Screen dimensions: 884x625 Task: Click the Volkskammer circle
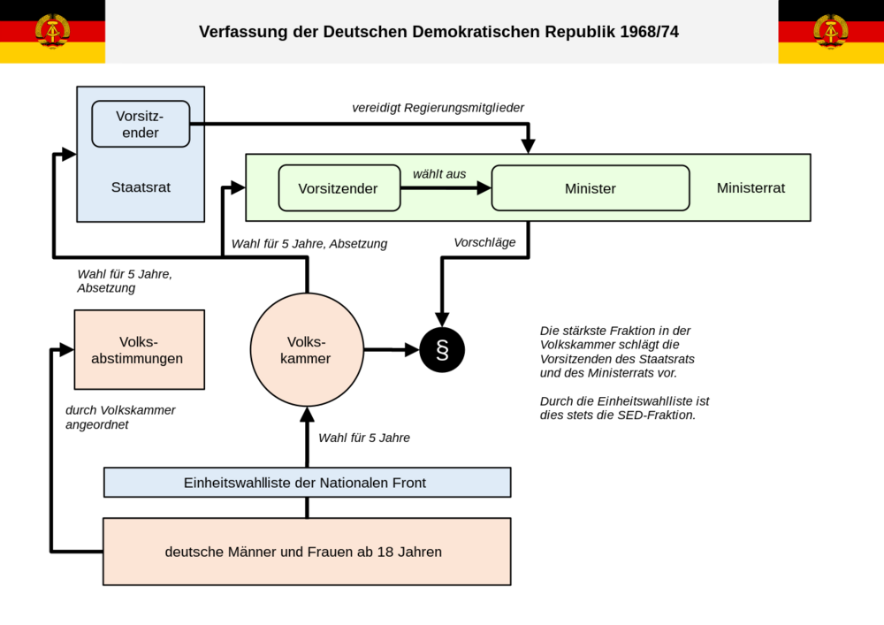point(307,349)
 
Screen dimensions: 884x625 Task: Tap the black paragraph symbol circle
point(442,350)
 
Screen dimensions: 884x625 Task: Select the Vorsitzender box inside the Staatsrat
point(141,124)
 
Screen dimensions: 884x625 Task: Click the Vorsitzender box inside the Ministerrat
point(339,188)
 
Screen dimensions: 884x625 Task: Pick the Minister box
point(591,188)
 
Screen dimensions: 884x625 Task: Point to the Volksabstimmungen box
point(140,349)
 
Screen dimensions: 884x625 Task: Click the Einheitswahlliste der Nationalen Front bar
point(308,483)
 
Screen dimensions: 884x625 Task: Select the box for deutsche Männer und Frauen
point(307,552)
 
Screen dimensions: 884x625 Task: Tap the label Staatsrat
point(141,187)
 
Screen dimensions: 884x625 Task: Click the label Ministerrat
point(751,187)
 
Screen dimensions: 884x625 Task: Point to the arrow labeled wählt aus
point(446,188)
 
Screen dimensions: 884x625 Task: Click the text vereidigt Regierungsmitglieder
point(438,108)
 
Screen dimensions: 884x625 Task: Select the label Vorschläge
point(484,242)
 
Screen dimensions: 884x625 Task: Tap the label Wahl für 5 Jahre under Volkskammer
point(364,438)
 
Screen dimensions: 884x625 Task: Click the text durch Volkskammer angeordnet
point(120,417)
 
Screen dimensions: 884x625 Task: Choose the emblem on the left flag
point(52,32)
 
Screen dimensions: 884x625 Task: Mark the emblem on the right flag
point(830,32)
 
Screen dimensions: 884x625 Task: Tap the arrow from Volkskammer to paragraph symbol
point(392,350)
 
